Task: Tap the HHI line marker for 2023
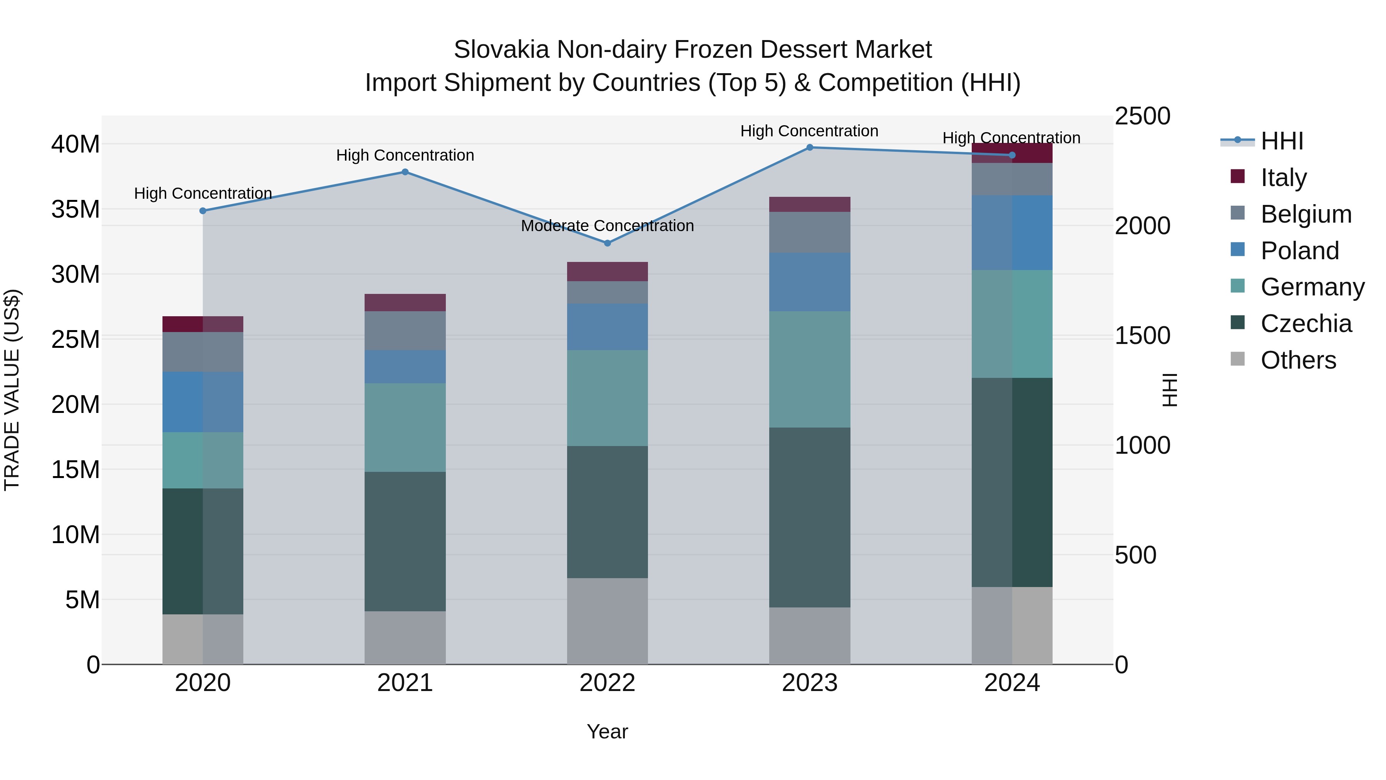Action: [x=810, y=147]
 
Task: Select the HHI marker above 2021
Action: [x=405, y=172]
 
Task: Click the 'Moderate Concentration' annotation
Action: [x=608, y=226]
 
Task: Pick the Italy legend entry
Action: [x=1283, y=177]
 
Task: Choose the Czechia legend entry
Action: [x=1306, y=324]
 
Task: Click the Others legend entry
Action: [x=1298, y=360]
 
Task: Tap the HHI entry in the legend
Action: [x=1282, y=141]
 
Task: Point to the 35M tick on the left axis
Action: [x=75, y=210]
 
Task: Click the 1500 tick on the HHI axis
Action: [x=1142, y=335]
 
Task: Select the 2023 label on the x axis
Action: [x=810, y=683]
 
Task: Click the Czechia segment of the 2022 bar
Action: [x=608, y=512]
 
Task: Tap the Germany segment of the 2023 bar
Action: [x=810, y=369]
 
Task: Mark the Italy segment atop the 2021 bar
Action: [x=405, y=302]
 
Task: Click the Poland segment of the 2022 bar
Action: [x=608, y=327]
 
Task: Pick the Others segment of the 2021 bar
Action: [x=405, y=637]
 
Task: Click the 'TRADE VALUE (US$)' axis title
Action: [x=12, y=390]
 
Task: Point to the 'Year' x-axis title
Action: [x=608, y=731]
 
